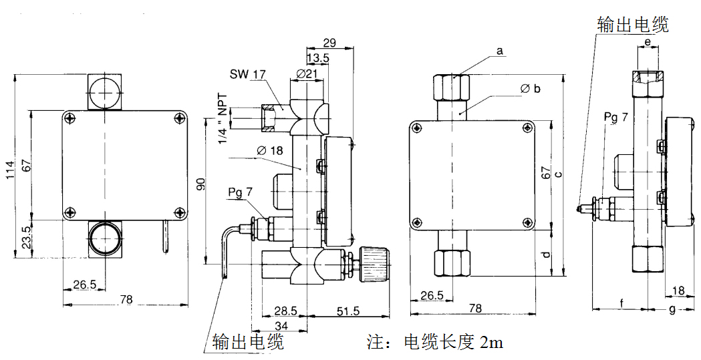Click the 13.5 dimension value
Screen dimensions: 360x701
[x=317, y=58]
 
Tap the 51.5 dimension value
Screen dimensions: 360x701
[x=347, y=311]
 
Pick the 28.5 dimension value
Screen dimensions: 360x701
[x=285, y=311]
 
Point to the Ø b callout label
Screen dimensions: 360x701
[x=529, y=89]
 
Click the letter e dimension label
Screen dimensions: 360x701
[x=648, y=43]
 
